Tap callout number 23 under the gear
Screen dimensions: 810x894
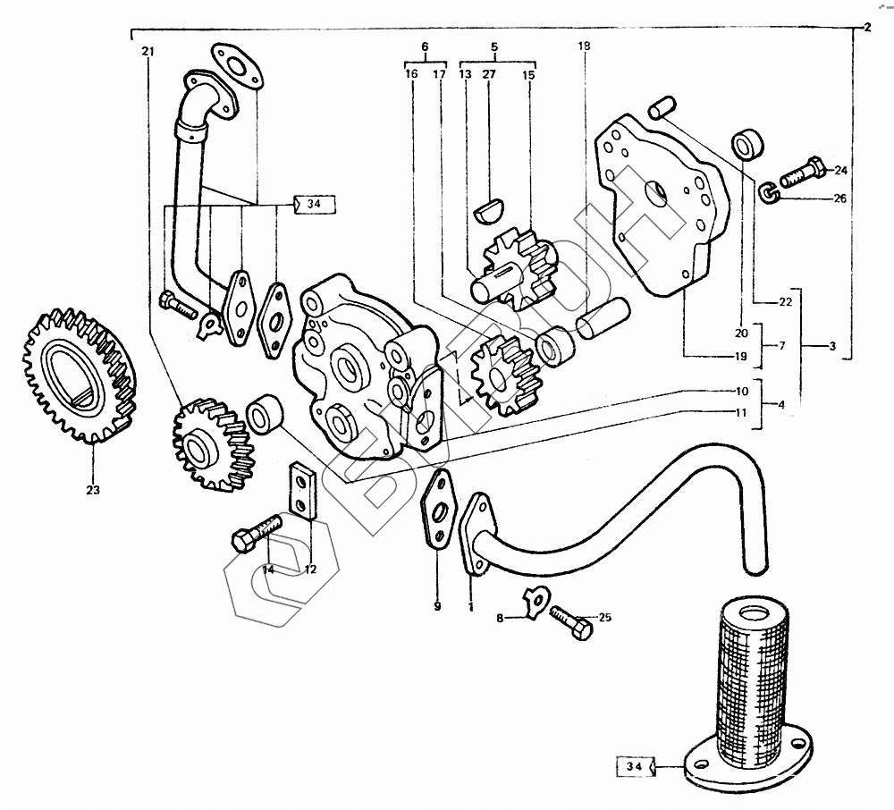tap(93, 490)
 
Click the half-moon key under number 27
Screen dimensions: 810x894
tap(488, 211)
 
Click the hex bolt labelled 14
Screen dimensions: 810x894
tap(254, 535)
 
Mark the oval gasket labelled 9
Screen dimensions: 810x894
tap(438, 511)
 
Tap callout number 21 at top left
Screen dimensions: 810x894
tap(147, 52)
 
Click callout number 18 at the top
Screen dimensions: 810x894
tap(585, 46)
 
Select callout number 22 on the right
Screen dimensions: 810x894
tap(785, 302)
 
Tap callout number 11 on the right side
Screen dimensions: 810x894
tap(742, 413)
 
